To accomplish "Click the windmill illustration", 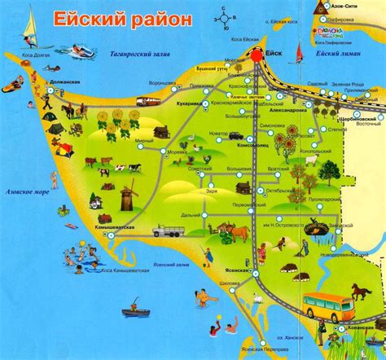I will click(x=126, y=197).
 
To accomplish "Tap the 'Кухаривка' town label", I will click(x=189, y=104).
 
